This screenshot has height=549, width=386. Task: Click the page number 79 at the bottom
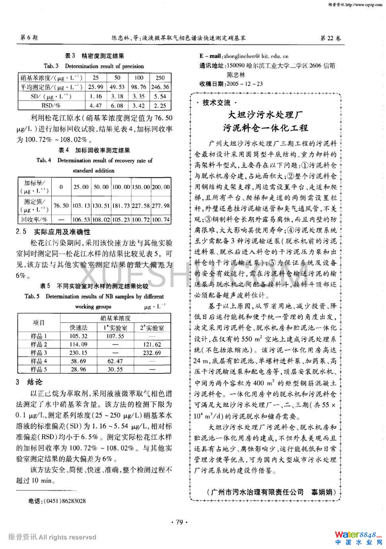[179, 522]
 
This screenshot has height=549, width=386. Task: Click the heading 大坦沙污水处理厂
[265, 115]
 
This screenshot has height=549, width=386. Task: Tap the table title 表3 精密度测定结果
[94, 56]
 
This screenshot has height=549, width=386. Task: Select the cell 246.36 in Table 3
[160, 87]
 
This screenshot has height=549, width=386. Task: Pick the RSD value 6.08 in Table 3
[117, 106]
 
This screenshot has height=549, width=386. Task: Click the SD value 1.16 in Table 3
[96, 96]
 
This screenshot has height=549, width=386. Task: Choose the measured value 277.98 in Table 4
[161, 205]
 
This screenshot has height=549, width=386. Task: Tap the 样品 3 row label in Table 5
[39, 353]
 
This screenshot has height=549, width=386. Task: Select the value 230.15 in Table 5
[78, 353]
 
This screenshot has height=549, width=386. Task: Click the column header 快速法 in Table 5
[78, 328]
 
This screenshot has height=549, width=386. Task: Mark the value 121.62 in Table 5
[152, 344]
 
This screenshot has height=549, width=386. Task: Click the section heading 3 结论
[29, 382]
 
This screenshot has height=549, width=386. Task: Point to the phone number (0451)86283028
[57, 501]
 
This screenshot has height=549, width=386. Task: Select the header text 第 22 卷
[330, 38]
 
